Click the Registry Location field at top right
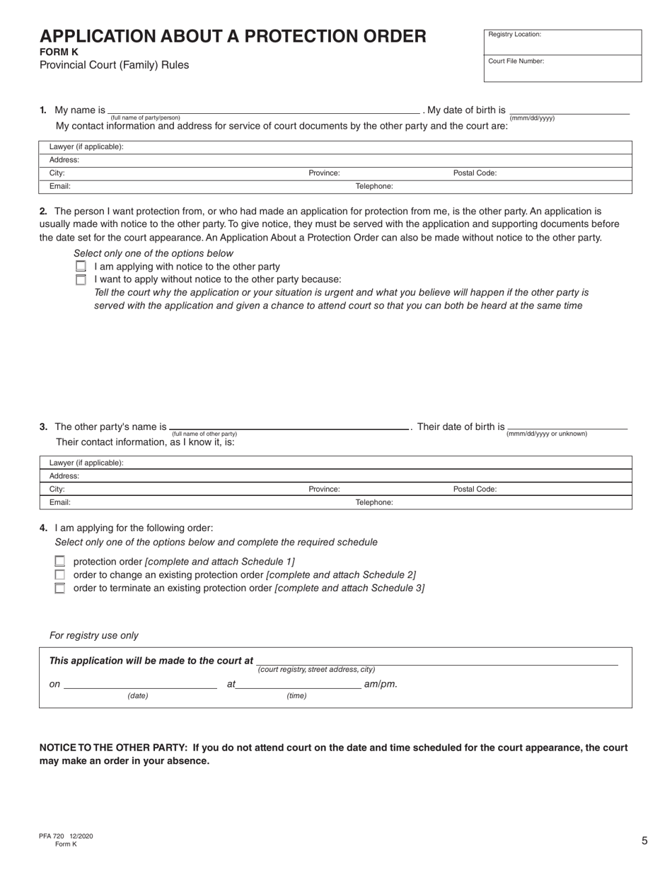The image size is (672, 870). (x=562, y=42)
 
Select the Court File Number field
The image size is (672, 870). (x=562, y=69)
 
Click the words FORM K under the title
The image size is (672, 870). (x=59, y=52)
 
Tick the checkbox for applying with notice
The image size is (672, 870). (x=81, y=267)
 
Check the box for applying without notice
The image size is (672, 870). (x=81, y=279)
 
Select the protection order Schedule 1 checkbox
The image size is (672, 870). (x=60, y=562)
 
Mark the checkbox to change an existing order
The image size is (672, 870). (x=60, y=575)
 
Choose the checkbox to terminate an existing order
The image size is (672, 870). (x=60, y=588)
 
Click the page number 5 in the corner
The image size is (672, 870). (x=644, y=841)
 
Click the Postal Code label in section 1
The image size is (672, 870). (x=475, y=173)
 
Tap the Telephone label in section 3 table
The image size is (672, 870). (x=374, y=502)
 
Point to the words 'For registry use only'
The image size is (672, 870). (x=94, y=635)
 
